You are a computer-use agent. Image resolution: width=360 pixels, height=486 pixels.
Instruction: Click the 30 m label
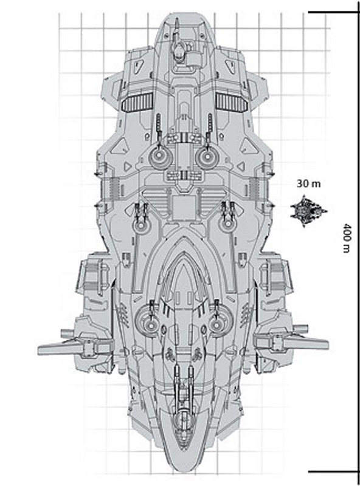click(x=308, y=183)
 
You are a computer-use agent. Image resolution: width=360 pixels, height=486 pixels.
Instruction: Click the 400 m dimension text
click(x=347, y=238)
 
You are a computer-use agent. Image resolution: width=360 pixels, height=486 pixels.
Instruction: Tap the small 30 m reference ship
click(x=308, y=211)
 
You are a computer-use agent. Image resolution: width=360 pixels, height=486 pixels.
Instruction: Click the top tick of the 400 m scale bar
click(x=334, y=12)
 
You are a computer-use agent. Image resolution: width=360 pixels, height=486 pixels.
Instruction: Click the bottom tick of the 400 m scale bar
click(x=334, y=472)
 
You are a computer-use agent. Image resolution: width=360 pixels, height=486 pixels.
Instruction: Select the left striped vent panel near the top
click(x=137, y=101)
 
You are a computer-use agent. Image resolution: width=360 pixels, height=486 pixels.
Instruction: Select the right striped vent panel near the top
click(x=232, y=101)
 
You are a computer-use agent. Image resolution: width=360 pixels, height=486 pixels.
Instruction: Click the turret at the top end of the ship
click(x=179, y=47)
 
